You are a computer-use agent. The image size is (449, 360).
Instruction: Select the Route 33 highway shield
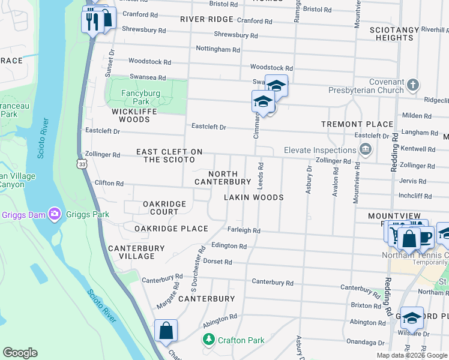[x=82, y=163]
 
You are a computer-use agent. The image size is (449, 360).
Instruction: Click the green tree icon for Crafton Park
[x=208, y=340]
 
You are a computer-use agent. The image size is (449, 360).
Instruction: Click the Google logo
[x=20, y=353]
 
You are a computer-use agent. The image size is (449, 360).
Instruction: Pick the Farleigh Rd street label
[x=244, y=230]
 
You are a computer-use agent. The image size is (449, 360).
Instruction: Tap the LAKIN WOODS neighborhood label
[x=253, y=197]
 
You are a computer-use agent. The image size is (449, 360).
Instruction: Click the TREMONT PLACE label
[x=357, y=124]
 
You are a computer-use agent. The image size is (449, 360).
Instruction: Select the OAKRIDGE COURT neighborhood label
[x=164, y=208]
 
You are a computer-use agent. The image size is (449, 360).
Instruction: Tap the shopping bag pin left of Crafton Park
[x=166, y=331]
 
